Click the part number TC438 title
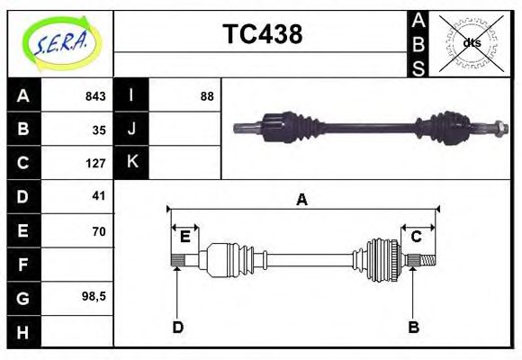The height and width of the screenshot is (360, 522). [x=262, y=35]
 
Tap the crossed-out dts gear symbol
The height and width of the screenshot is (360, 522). [x=472, y=43]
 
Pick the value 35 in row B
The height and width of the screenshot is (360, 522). [x=99, y=130]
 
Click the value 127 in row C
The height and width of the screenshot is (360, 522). [x=95, y=163]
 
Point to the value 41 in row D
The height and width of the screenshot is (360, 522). [x=99, y=195]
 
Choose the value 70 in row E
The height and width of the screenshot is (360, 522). [x=99, y=231]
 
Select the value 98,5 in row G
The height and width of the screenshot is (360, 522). [x=94, y=296]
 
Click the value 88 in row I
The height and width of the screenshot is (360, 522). [x=207, y=96]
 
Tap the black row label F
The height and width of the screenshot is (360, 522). [x=23, y=264]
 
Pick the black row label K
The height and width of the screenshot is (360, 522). [x=131, y=162]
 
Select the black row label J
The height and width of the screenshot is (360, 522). [x=131, y=129]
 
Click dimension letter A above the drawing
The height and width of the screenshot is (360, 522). [x=302, y=200]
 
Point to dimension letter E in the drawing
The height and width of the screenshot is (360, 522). [x=184, y=237]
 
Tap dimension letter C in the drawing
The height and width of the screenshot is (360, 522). [x=417, y=237]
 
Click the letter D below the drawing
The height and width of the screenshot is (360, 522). [x=178, y=327]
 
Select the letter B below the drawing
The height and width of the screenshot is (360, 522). [x=413, y=327]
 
